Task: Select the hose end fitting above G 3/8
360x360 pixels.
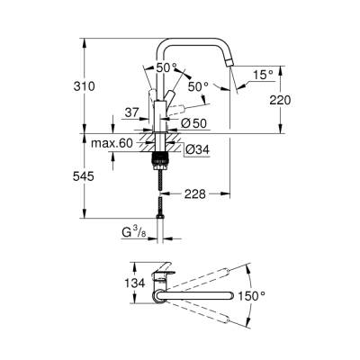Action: (x=163, y=217)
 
